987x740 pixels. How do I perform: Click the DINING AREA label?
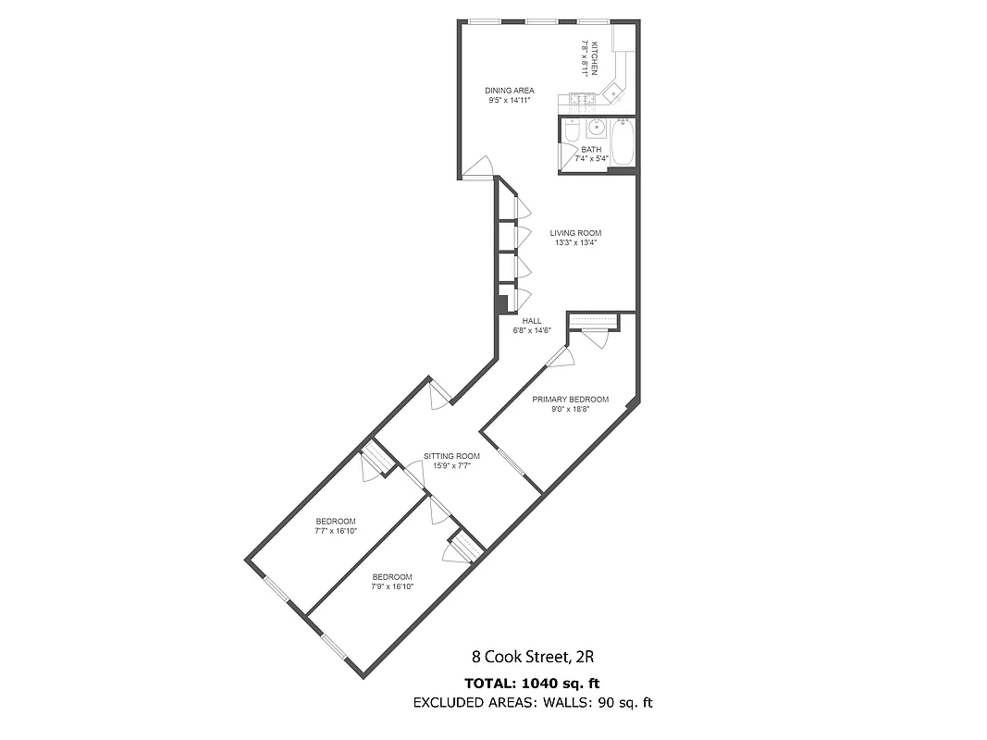pos(510,91)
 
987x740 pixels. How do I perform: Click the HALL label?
pos(532,321)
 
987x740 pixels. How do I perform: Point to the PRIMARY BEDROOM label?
pos(570,400)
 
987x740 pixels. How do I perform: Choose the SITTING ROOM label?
pos(452,456)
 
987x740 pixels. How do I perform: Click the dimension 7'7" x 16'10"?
pos(337,531)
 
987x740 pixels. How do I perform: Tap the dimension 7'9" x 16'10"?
pos(392,586)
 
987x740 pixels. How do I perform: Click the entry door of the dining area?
pos(479,167)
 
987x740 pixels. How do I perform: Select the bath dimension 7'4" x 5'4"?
pos(591,158)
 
